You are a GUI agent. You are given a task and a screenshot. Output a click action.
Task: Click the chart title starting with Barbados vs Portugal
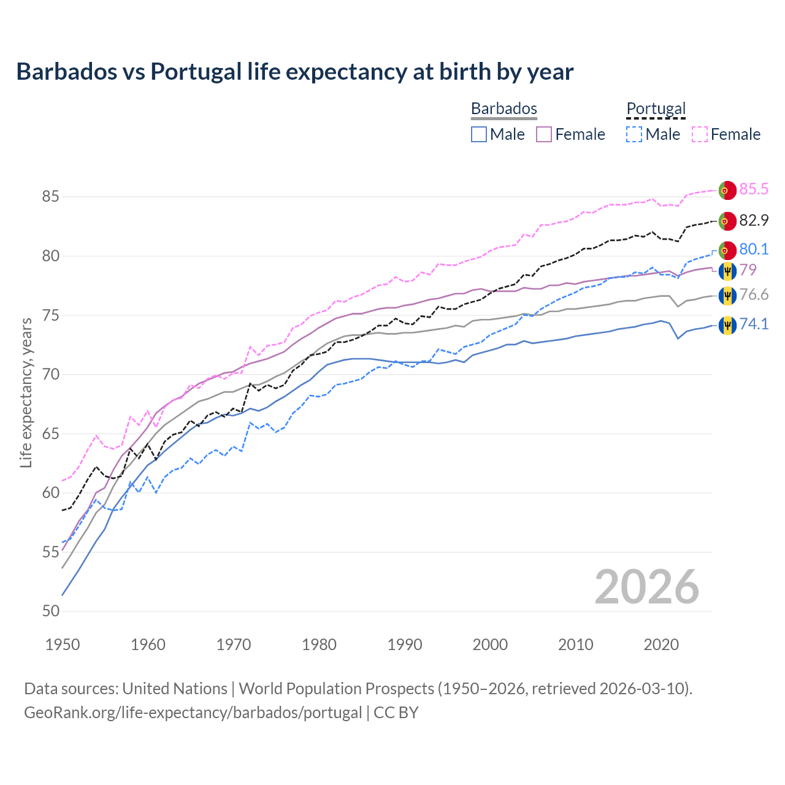point(294,72)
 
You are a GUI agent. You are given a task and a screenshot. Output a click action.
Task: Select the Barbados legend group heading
point(504,109)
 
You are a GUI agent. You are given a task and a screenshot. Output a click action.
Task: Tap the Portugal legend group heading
point(656,109)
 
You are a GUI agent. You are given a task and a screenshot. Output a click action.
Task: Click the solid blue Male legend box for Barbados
point(479,134)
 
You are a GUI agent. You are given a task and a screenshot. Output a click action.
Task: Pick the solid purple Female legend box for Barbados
point(545,134)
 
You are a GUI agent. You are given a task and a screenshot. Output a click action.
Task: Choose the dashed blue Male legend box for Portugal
point(634,134)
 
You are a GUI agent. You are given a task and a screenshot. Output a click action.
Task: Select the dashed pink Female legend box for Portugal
point(700,134)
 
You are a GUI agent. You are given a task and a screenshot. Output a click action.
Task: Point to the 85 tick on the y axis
point(50,197)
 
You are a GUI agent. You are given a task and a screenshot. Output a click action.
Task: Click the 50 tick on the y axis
point(50,611)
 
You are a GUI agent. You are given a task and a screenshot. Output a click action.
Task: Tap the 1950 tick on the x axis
point(63,645)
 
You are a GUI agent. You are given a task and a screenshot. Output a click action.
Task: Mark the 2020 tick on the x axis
point(661,645)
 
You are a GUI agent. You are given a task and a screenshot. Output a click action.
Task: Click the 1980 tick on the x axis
point(319,645)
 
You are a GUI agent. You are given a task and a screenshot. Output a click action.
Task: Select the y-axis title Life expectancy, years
point(26,392)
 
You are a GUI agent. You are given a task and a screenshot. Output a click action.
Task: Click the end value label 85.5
point(754,189)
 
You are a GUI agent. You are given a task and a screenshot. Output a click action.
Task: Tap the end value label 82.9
point(754,220)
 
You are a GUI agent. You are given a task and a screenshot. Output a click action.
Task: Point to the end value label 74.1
point(754,324)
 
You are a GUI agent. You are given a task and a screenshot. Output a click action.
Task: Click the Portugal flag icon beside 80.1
point(727,250)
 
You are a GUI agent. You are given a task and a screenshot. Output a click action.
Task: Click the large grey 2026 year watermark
point(646,587)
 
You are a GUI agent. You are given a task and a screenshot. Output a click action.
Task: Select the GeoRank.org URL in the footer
point(193,713)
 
